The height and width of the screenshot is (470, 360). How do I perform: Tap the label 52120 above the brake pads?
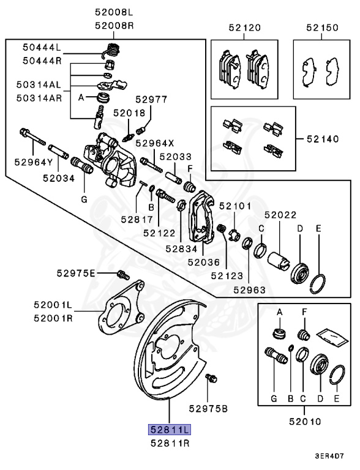click(x=244, y=28)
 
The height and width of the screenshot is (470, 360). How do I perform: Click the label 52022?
click(x=280, y=215)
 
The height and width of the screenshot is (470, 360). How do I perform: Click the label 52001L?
click(x=53, y=305)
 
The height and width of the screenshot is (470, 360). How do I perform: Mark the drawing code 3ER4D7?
click(x=330, y=456)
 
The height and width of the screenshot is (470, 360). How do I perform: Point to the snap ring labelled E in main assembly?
click(x=318, y=282)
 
